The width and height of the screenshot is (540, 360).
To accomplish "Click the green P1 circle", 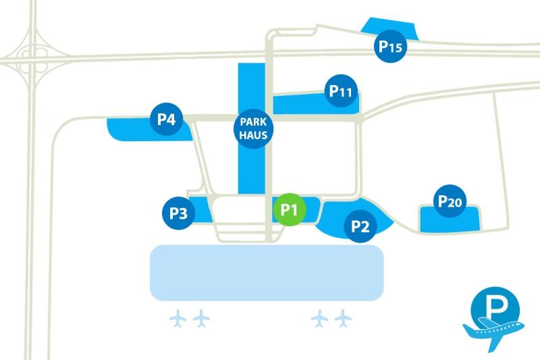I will (x=290, y=209).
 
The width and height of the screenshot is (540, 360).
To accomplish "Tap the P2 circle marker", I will (x=360, y=226).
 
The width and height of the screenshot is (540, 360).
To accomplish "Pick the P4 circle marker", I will (x=166, y=120).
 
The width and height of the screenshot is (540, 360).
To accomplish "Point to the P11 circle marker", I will (x=342, y=92).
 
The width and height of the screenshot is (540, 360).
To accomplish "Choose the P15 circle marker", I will (x=390, y=47).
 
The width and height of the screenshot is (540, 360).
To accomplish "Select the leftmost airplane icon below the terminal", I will (x=179, y=317).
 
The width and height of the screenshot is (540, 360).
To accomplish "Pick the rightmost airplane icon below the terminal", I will (x=344, y=317).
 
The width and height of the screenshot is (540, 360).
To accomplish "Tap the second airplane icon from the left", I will (x=200, y=317).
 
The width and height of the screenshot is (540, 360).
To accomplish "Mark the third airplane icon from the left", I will (x=319, y=317).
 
